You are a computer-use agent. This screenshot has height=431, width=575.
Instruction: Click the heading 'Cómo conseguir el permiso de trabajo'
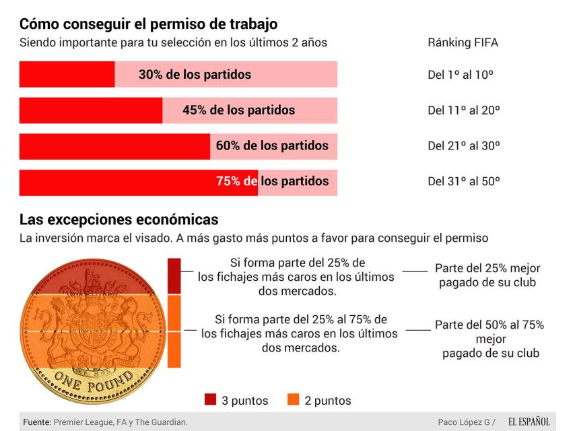pyautogui.click(x=148, y=24)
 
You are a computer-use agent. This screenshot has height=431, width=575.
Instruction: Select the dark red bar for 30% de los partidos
pyautogui.click(x=67, y=75)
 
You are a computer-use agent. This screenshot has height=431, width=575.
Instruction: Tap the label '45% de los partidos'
pyautogui.click(x=238, y=110)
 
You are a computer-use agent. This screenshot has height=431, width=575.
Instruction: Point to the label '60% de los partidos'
pyautogui.click(x=272, y=145)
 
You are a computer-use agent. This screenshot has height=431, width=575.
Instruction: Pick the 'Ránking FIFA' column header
pyautogui.click(x=463, y=43)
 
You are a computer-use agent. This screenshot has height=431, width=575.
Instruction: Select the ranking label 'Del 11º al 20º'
pyautogui.click(x=463, y=110)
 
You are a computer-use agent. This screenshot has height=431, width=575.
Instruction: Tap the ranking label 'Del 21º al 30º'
pyautogui.click(x=463, y=145)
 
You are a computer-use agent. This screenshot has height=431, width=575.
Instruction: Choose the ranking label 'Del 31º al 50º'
pyautogui.click(x=463, y=181)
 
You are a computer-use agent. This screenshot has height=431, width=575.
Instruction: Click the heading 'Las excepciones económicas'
pyautogui.click(x=119, y=220)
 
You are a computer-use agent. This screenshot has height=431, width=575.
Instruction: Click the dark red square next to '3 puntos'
pyautogui.click(x=211, y=400)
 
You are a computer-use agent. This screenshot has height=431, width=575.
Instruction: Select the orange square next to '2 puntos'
pyautogui.click(x=293, y=400)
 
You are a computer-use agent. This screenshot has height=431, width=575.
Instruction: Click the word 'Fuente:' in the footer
pyautogui.click(x=37, y=422)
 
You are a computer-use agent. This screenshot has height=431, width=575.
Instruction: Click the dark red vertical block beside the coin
pyautogui.click(x=174, y=276)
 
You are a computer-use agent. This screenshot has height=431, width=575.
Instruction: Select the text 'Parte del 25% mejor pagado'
pyautogui.click(x=487, y=275)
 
